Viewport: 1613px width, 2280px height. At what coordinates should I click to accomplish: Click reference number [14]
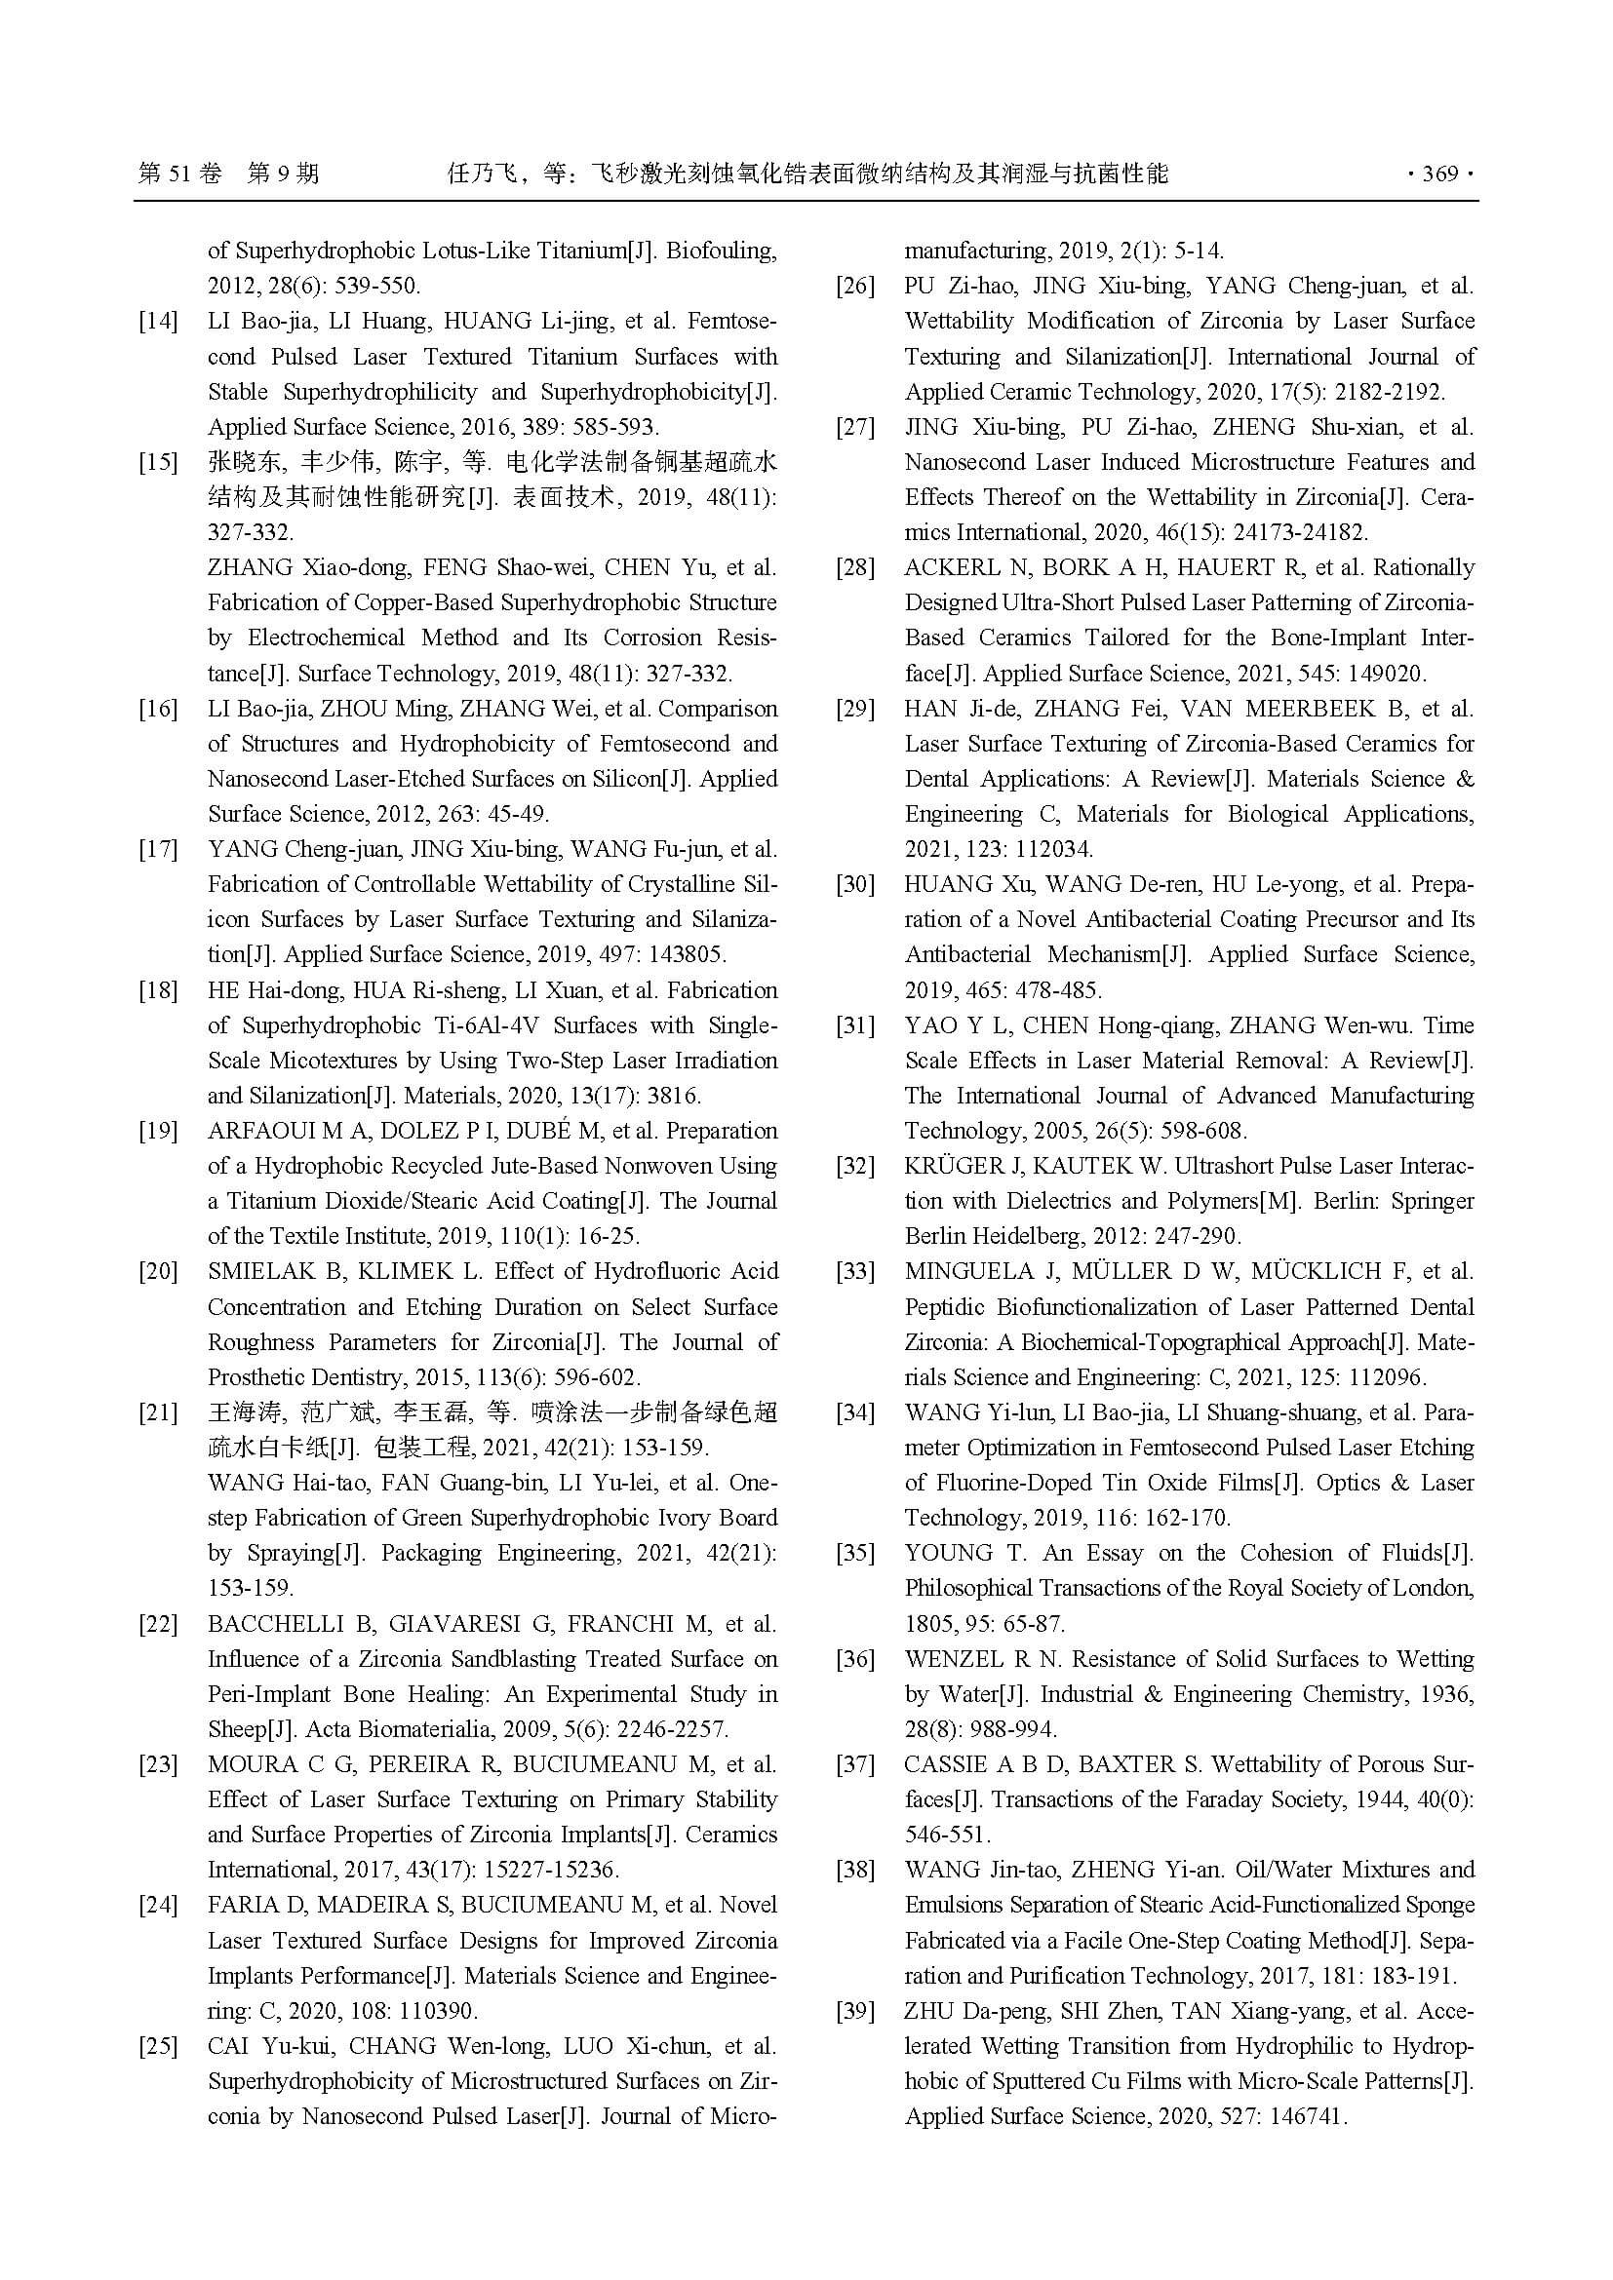click(x=158, y=322)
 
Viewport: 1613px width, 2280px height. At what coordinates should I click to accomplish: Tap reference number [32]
click(x=854, y=1167)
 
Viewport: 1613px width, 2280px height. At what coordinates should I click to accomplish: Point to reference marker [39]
click(x=854, y=2012)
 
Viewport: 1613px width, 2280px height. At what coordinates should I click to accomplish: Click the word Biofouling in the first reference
click(x=720, y=251)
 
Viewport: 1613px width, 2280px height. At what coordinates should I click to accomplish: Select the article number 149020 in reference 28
click(x=1385, y=675)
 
